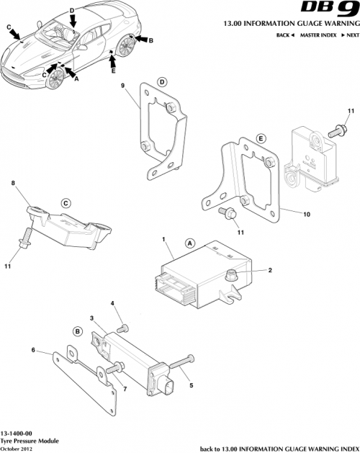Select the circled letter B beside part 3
[x=76, y=331]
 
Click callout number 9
[x=123, y=87]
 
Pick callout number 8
[x=12, y=184]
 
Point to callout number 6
[x=33, y=350]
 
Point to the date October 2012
[x=17, y=448]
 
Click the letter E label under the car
[x=113, y=71]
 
